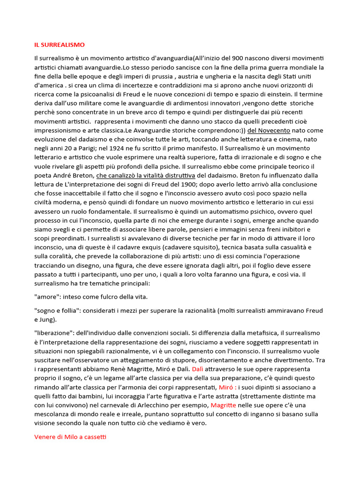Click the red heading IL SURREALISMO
click(60, 45)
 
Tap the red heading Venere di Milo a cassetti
click(70, 437)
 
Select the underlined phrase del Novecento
click(269, 130)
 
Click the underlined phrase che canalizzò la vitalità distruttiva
click(145, 176)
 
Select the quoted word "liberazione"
click(55, 333)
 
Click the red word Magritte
click(224, 405)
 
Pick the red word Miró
click(227, 387)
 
